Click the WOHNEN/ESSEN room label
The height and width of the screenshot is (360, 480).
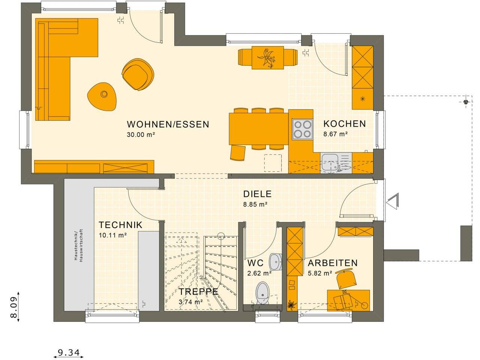click(x=168, y=124)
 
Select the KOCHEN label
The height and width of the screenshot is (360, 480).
click(x=344, y=124)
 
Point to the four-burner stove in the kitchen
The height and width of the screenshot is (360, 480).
click(x=302, y=129)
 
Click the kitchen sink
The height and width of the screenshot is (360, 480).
click(x=330, y=164)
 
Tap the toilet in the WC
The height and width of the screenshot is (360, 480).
click(x=263, y=293)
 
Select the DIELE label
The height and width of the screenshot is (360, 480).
click(x=257, y=194)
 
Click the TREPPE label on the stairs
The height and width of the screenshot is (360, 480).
click(x=198, y=292)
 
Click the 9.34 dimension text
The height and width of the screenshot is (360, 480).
click(x=69, y=353)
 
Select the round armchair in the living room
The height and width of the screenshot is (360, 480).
click(x=138, y=75)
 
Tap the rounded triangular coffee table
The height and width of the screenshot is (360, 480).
click(x=102, y=96)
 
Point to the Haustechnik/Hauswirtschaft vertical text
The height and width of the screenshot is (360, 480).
click(x=77, y=246)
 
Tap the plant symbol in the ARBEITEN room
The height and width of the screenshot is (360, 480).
click(x=291, y=305)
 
